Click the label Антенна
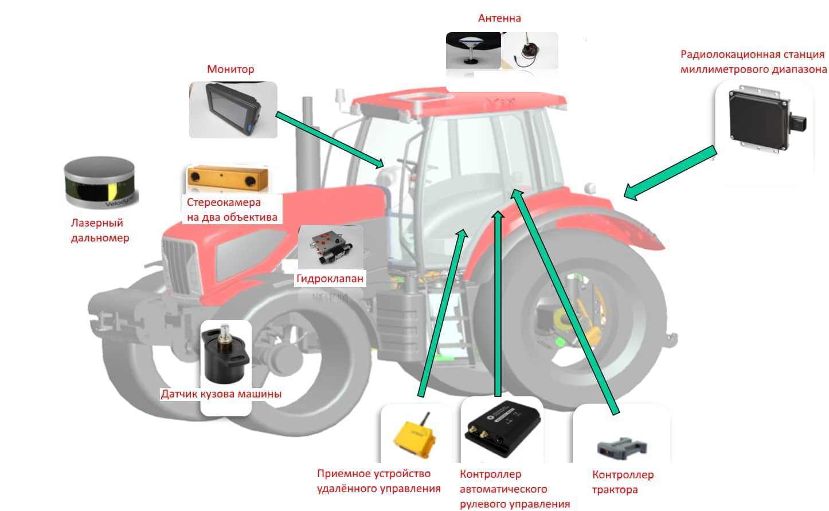click(499, 18)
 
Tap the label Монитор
click(230, 69)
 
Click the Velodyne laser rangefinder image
click(100, 183)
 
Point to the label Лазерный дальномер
click(100, 231)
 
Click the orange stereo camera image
click(228, 179)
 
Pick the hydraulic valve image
click(330, 247)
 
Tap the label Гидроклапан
click(330, 279)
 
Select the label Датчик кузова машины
click(221, 394)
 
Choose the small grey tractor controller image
click(621, 448)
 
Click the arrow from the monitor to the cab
click(330, 140)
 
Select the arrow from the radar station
click(670, 173)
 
